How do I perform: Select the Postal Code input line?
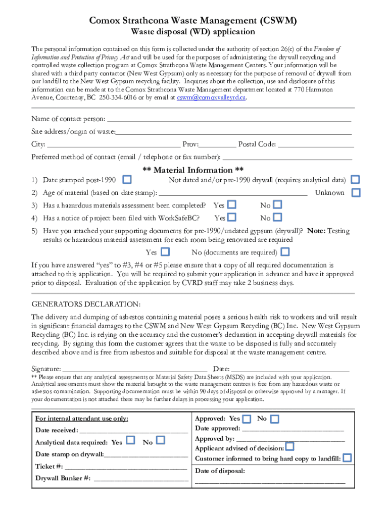point(315,145)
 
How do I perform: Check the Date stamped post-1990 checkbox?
point(128,180)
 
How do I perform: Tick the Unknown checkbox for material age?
point(356,192)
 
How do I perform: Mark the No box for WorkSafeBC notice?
point(277,218)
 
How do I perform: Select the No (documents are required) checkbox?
point(285,252)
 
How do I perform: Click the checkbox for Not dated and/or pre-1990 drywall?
point(356,180)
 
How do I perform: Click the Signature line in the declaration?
point(135,370)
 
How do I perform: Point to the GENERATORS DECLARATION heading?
point(86,304)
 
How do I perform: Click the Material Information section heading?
point(193,170)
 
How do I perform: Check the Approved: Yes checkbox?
point(247,419)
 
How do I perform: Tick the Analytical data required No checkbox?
point(161,440)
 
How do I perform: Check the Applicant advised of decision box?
point(289,447)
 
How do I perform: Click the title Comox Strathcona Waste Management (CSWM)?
point(193,20)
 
